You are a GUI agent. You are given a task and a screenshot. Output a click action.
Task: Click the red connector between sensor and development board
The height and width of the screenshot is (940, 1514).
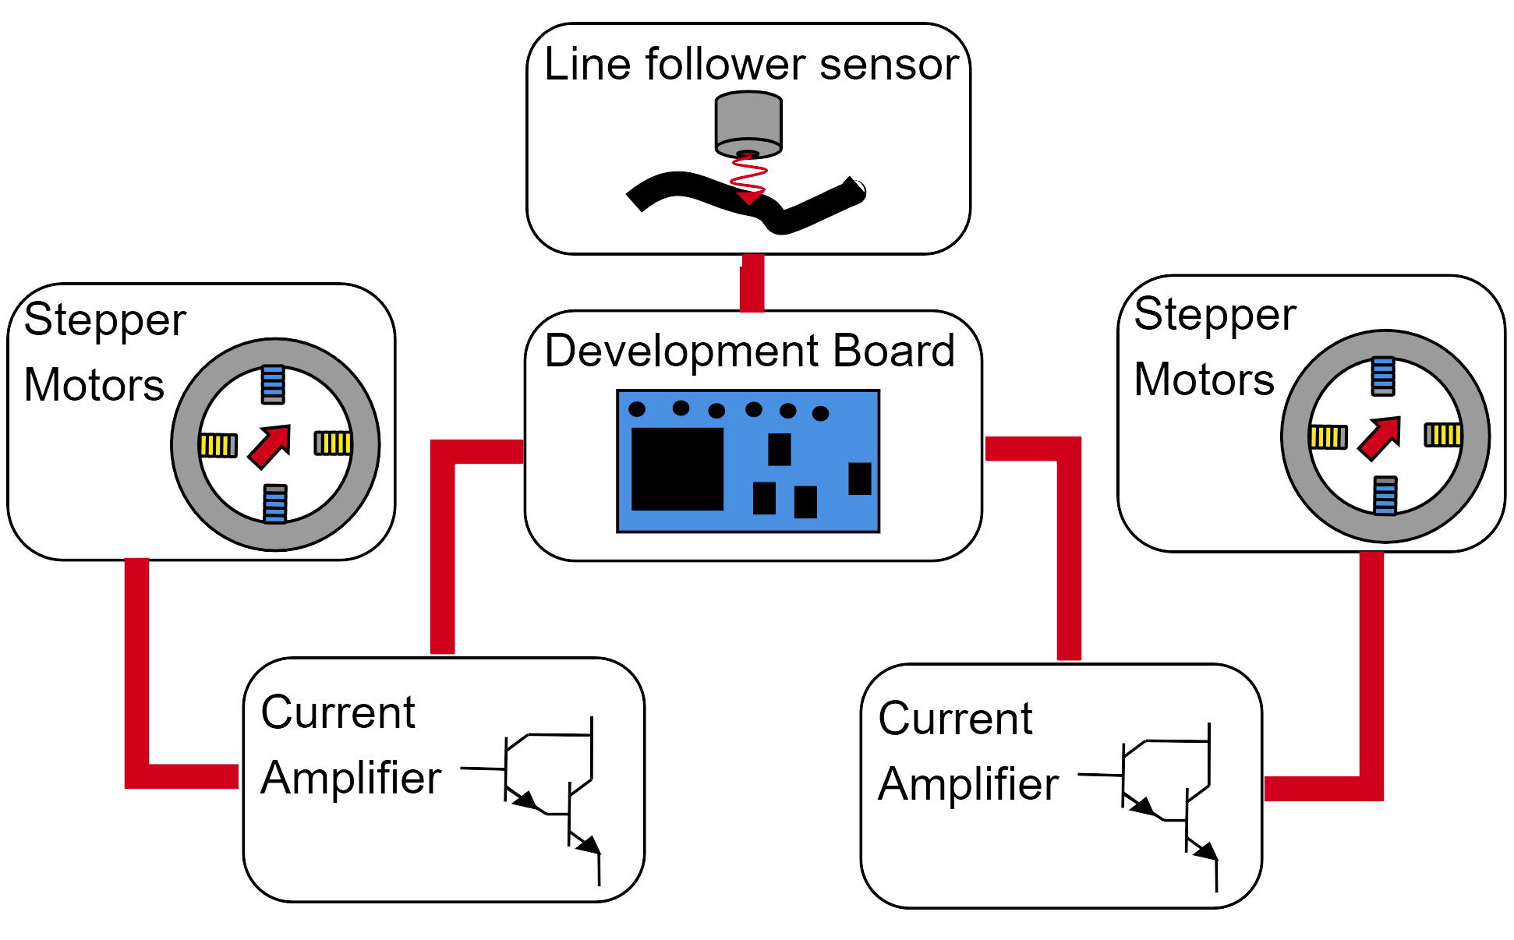pyautogui.click(x=752, y=283)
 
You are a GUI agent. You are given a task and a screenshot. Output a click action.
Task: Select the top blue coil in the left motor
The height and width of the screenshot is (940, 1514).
pyautogui.click(x=273, y=384)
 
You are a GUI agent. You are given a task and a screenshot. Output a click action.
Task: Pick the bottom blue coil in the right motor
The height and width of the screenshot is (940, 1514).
pyautogui.click(x=1385, y=496)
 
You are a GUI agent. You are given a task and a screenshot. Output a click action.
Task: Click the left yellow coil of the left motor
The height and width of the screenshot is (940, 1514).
pyautogui.click(x=218, y=445)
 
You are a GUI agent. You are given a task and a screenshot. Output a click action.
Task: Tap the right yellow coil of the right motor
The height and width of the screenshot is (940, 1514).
pyautogui.click(x=1443, y=434)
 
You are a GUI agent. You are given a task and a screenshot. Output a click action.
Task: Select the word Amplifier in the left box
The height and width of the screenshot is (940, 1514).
pyautogui.click(x=351, y=778)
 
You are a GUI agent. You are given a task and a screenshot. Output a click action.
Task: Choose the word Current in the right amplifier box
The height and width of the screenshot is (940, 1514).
pyautogui.click(x=955, y=719)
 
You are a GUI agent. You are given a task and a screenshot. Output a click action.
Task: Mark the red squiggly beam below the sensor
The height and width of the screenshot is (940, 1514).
pyautogui.click(x=748, y=176)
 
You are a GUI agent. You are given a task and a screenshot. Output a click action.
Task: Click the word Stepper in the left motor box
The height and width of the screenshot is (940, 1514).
pyautogui.click(x=105, y=320)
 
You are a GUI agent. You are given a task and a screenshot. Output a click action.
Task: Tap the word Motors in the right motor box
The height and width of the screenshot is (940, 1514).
pyautogui.click(x=1204, y=380)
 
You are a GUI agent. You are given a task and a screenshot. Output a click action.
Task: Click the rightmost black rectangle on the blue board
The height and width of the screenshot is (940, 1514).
pyautogui.click(x=859, y=479)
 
